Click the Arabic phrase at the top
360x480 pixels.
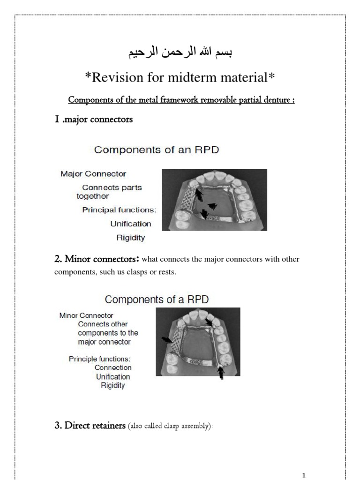point(180,52)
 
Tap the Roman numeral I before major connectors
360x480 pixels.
point(57,120)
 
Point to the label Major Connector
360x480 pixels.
point(93,174)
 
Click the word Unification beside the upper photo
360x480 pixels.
point(131,224)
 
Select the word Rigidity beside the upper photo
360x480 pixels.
point(131,238)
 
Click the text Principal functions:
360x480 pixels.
point(119,210)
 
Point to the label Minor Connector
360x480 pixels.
point(86,315)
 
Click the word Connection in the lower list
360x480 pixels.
point(113,367)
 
